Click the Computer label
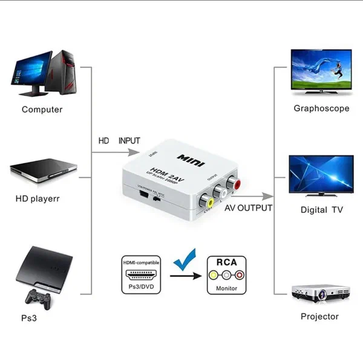point(42,110)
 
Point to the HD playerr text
point(38,198)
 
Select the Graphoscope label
point(321,109)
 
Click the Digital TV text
point(321,210)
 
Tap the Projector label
point(319,316)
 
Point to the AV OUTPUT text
point(248,208)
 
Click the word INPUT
point(129,140)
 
